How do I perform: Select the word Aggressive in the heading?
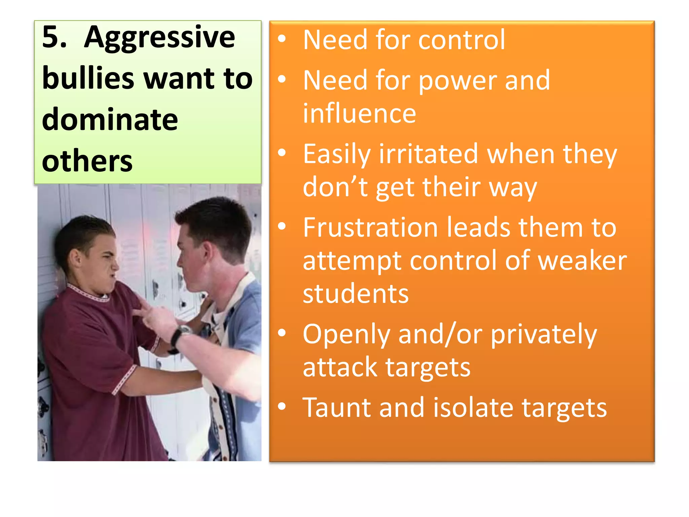pos(159,38)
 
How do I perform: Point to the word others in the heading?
pos(87,161)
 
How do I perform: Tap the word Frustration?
pos(370,228)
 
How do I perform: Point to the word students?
pos(356,294)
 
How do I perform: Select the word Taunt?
pos(337,408)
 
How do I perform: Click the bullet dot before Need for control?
pos(282,39)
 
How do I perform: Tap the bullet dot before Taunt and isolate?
pos(282,407)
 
